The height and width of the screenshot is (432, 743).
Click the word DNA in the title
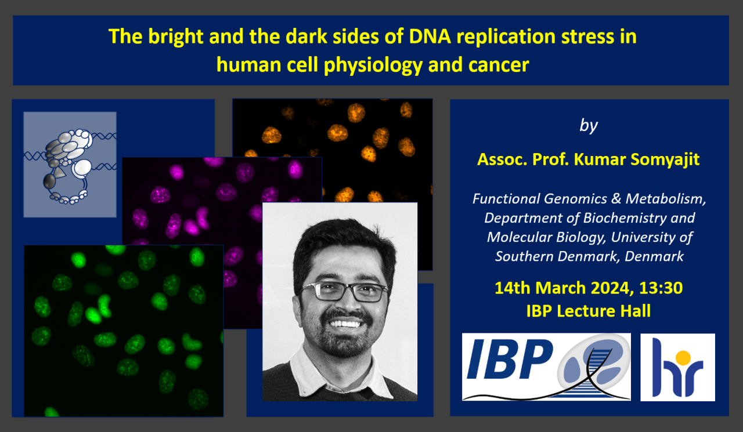pos(430,36)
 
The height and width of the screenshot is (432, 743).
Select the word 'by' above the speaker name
pos(589,126)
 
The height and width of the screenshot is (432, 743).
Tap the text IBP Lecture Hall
pos(589,311)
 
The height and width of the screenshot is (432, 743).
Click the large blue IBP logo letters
pos(510,359)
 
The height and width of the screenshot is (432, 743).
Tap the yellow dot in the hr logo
pos(683,358)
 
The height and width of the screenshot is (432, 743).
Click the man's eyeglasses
pos(342,291)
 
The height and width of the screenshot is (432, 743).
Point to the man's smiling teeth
pos(345,324)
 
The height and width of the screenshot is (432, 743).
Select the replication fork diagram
pos(70,165)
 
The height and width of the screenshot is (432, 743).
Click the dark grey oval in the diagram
pos(49,181)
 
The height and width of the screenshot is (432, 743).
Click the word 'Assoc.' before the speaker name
pos(502,159)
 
